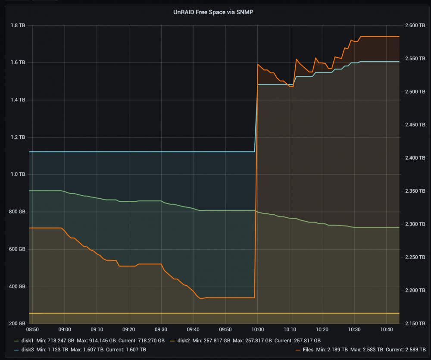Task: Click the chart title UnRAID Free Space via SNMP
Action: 213,12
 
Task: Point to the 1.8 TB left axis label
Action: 18,25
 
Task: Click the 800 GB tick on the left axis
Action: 18,212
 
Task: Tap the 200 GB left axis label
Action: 18,323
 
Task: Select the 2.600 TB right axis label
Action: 415,25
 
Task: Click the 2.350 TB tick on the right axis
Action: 415,191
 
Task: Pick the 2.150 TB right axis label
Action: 415,323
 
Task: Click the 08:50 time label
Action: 32,329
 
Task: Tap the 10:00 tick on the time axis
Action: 258,329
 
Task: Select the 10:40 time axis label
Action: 386,329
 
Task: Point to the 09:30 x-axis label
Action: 161,329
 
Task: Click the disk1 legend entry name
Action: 27,341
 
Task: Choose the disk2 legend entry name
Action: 183,341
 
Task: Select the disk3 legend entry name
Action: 28,350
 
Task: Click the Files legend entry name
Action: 308,350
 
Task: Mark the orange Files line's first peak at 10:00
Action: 258,64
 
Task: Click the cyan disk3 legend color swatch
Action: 16,350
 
